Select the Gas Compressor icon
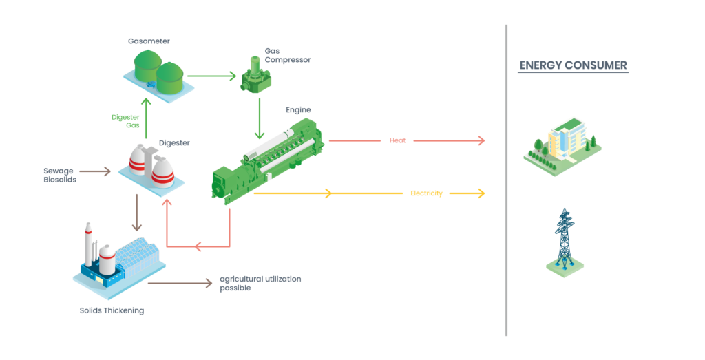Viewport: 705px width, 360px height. click(255, 76)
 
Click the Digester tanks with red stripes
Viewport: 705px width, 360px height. click(151, 166)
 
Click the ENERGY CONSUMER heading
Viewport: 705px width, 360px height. click(573, 65)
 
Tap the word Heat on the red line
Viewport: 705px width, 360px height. click(397, 140)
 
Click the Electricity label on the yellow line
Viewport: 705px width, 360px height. click(426, 193)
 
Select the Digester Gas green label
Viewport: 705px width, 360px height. click(126, 121)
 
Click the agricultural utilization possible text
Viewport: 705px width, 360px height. click(260, 283)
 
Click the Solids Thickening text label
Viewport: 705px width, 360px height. click(112, 310)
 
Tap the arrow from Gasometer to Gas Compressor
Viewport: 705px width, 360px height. click(211, 75)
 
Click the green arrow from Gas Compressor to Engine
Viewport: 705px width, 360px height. click(260, 118)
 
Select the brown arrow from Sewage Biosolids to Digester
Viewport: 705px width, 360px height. click(95, 171)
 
